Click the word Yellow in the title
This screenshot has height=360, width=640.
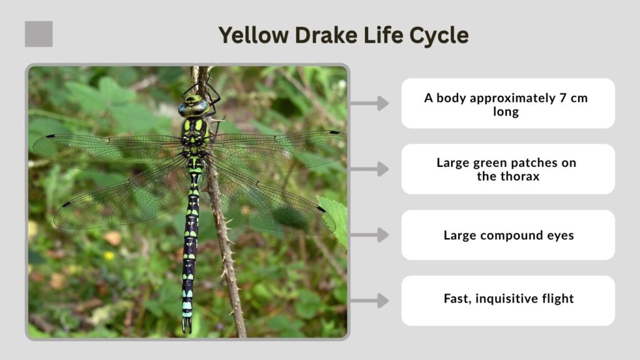pyautogui.click(x=254, y=36)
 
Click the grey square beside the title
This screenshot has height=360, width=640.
pyautogui.click(x=39, y=34)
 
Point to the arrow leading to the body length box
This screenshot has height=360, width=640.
pyautogui.click(x=369, y=103)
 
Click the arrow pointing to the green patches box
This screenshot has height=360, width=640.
pyautogui.click(x=369, y=169)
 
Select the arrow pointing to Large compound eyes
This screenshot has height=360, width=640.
pyautogui.click(x=369, y=235)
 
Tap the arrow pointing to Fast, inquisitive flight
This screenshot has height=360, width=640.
pyautogui.click(x=369, y=301)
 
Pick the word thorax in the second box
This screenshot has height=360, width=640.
pyautogui.click(x=519, y=176)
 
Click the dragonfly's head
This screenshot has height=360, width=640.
pyautogui.click(x=194, y=106)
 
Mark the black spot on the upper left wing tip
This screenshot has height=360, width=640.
pyautogui.click(x=51, y=136)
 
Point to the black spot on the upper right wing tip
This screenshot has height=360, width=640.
pyautogui.click(x=334, y=132)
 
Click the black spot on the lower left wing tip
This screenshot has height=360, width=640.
pyautogui.click(x=66, y=204)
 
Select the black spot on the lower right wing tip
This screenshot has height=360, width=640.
pyautogui.click(x=321, y=209)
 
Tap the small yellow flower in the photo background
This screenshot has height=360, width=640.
pyautogui.click(x=109, y=256)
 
